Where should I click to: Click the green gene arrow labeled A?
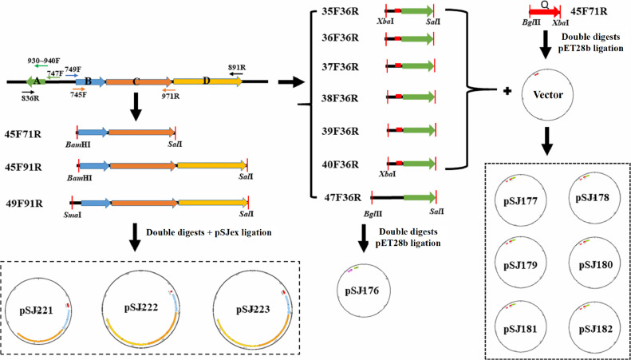tap(36, 81)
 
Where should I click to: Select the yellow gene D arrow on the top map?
tap(207, 81)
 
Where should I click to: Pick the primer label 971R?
tap(171, 97)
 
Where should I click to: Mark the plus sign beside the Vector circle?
tap(507, 92)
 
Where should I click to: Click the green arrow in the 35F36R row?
tap(417, 11)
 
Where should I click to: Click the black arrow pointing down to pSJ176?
tap(364, 239)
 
